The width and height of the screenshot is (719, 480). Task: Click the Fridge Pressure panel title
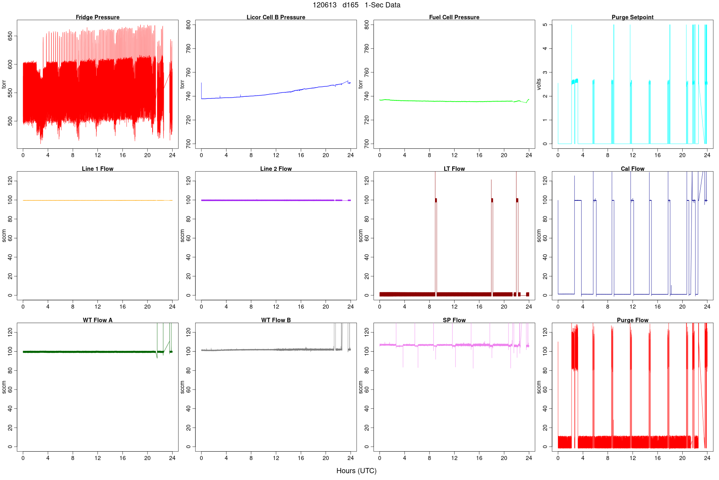point(97,17)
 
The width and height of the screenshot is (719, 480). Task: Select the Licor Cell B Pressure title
point(276,17)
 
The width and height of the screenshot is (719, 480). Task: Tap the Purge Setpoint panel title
point(632,17)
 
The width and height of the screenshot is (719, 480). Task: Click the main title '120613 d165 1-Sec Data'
point(356,5)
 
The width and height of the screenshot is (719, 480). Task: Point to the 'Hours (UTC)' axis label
point(356,471)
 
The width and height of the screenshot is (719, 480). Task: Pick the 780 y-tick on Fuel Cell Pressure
point(367,49)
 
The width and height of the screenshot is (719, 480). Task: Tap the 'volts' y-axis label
point(539,84)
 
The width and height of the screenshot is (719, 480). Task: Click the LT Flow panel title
point(454,169)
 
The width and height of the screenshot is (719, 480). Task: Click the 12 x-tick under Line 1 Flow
point(97,307)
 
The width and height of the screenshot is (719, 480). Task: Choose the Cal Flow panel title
point(632,169)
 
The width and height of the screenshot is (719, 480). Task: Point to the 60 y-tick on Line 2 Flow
point(188,238)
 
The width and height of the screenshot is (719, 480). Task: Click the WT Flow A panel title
point(97,320)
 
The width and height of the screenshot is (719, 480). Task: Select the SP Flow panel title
point(454,320)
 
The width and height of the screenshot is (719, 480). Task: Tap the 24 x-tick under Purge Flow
point(707,458)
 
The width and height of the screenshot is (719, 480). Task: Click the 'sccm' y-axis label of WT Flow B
point(182,387)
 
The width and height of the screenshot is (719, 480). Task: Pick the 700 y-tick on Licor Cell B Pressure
point(188,144)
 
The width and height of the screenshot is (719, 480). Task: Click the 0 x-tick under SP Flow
point(379,458)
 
